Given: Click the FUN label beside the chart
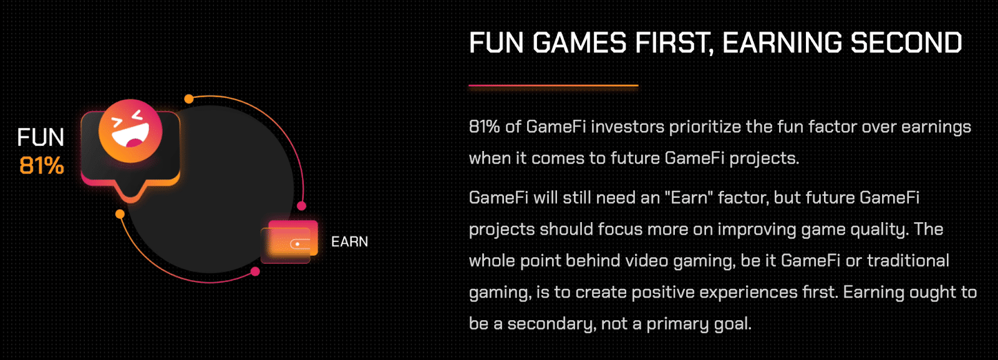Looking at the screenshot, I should pos(41,137).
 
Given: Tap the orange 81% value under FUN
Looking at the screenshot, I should pos(41,166).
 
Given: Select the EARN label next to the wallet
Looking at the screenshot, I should pos(349,242).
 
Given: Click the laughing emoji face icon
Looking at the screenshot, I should pos(130,131).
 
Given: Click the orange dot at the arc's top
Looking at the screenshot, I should pos(189,99).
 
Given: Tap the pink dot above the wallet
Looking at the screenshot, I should pos(302,206).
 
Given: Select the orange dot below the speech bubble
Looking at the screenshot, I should pos(120,214).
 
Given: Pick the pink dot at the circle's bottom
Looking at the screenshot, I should pos(254,271).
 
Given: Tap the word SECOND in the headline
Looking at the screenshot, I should pos(906,43).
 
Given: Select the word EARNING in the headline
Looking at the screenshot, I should pos(782,43).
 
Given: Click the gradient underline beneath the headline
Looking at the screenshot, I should pos(553,85).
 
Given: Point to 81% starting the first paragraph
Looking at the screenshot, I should pos(484,127).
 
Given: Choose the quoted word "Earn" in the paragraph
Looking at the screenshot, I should pos(689,198).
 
